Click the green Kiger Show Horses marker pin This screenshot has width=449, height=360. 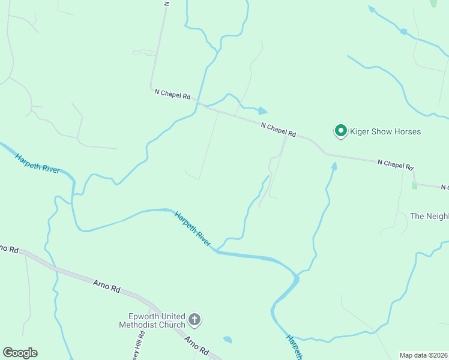click(341, 131)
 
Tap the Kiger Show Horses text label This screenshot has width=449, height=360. click(386, 131)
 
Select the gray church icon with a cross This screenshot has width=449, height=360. click(194, 320)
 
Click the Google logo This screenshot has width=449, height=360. click(20, 353)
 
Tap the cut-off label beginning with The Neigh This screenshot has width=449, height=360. click(429, 216)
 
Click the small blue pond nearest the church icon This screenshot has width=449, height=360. click(228, 340)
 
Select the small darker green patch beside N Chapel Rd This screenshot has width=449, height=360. click(414, 185)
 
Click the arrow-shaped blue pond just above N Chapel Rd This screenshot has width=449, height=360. click(262, 111)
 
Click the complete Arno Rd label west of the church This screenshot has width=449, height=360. click(106, 286)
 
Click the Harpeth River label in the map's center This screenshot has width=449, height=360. click(193, 229)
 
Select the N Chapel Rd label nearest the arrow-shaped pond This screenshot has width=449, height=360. click(279, 130)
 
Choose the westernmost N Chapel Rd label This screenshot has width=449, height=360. click(172, 94)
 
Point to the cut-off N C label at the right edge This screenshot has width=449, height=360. click(444, 188)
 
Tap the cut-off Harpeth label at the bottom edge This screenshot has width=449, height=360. click(294, 347)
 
